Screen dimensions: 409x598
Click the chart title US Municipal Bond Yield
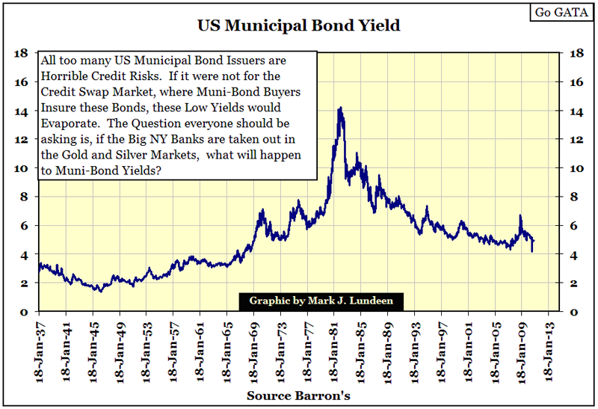point(299,25)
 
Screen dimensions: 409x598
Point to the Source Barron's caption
point(299,394)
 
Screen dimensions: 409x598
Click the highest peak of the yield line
point(340,108)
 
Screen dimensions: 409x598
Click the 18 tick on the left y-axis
point(21,54)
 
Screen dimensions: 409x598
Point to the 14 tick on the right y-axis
point(576,111)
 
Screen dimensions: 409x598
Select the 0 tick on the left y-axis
point(24,312)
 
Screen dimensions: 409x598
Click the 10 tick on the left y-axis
point(21,168)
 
